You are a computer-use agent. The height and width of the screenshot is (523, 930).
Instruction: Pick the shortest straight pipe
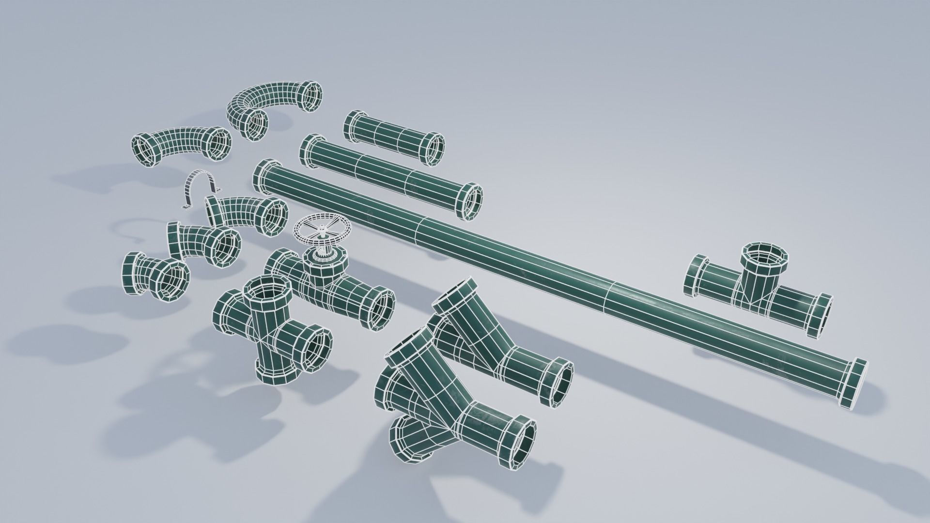tap(392, 137)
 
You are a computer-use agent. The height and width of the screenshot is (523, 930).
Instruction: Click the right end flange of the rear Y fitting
tap(557, 384)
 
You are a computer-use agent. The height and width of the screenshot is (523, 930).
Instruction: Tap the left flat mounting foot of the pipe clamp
tap(187, 207)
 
